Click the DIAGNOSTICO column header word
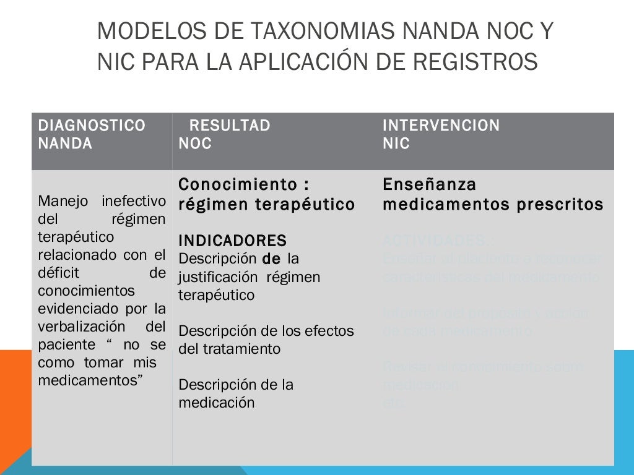[92, 126]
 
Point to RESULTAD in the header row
[230, 126]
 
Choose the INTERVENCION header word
[441, 126]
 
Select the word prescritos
[561, 204]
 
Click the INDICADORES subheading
[233, 241]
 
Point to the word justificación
[220, 277]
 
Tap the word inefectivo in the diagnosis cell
[134, 201]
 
